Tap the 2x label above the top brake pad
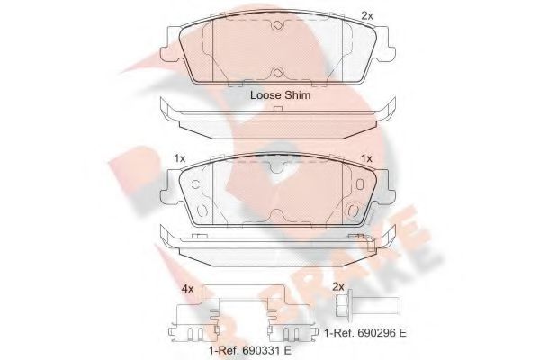click(x=366, y=14)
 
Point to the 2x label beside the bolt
click(x=338, y=286)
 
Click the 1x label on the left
click(x=179, y=158)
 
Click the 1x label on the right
click(x=366, y=158)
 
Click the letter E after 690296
click(x=405, y=333)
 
